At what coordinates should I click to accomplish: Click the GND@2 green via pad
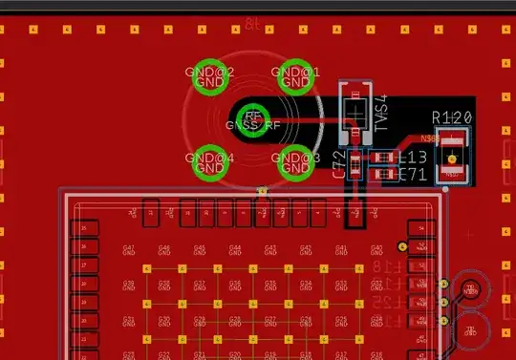pos(208,75)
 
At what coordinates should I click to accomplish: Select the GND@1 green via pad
pos(295,75)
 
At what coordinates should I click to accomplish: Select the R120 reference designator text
pos(452,117)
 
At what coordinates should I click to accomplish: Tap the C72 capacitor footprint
pos(355,165)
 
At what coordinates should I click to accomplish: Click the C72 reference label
pos(338,165)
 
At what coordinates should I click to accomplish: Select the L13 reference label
pos(412,158)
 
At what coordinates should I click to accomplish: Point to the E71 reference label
pos(412,175)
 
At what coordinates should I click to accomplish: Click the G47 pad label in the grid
pos(129,249)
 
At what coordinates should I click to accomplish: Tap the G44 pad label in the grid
pos(235,249)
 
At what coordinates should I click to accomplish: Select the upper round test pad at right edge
pos(469,289)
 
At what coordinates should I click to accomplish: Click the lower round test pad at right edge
pos(469,330)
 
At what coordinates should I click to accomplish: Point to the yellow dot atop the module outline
pos(262,191)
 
